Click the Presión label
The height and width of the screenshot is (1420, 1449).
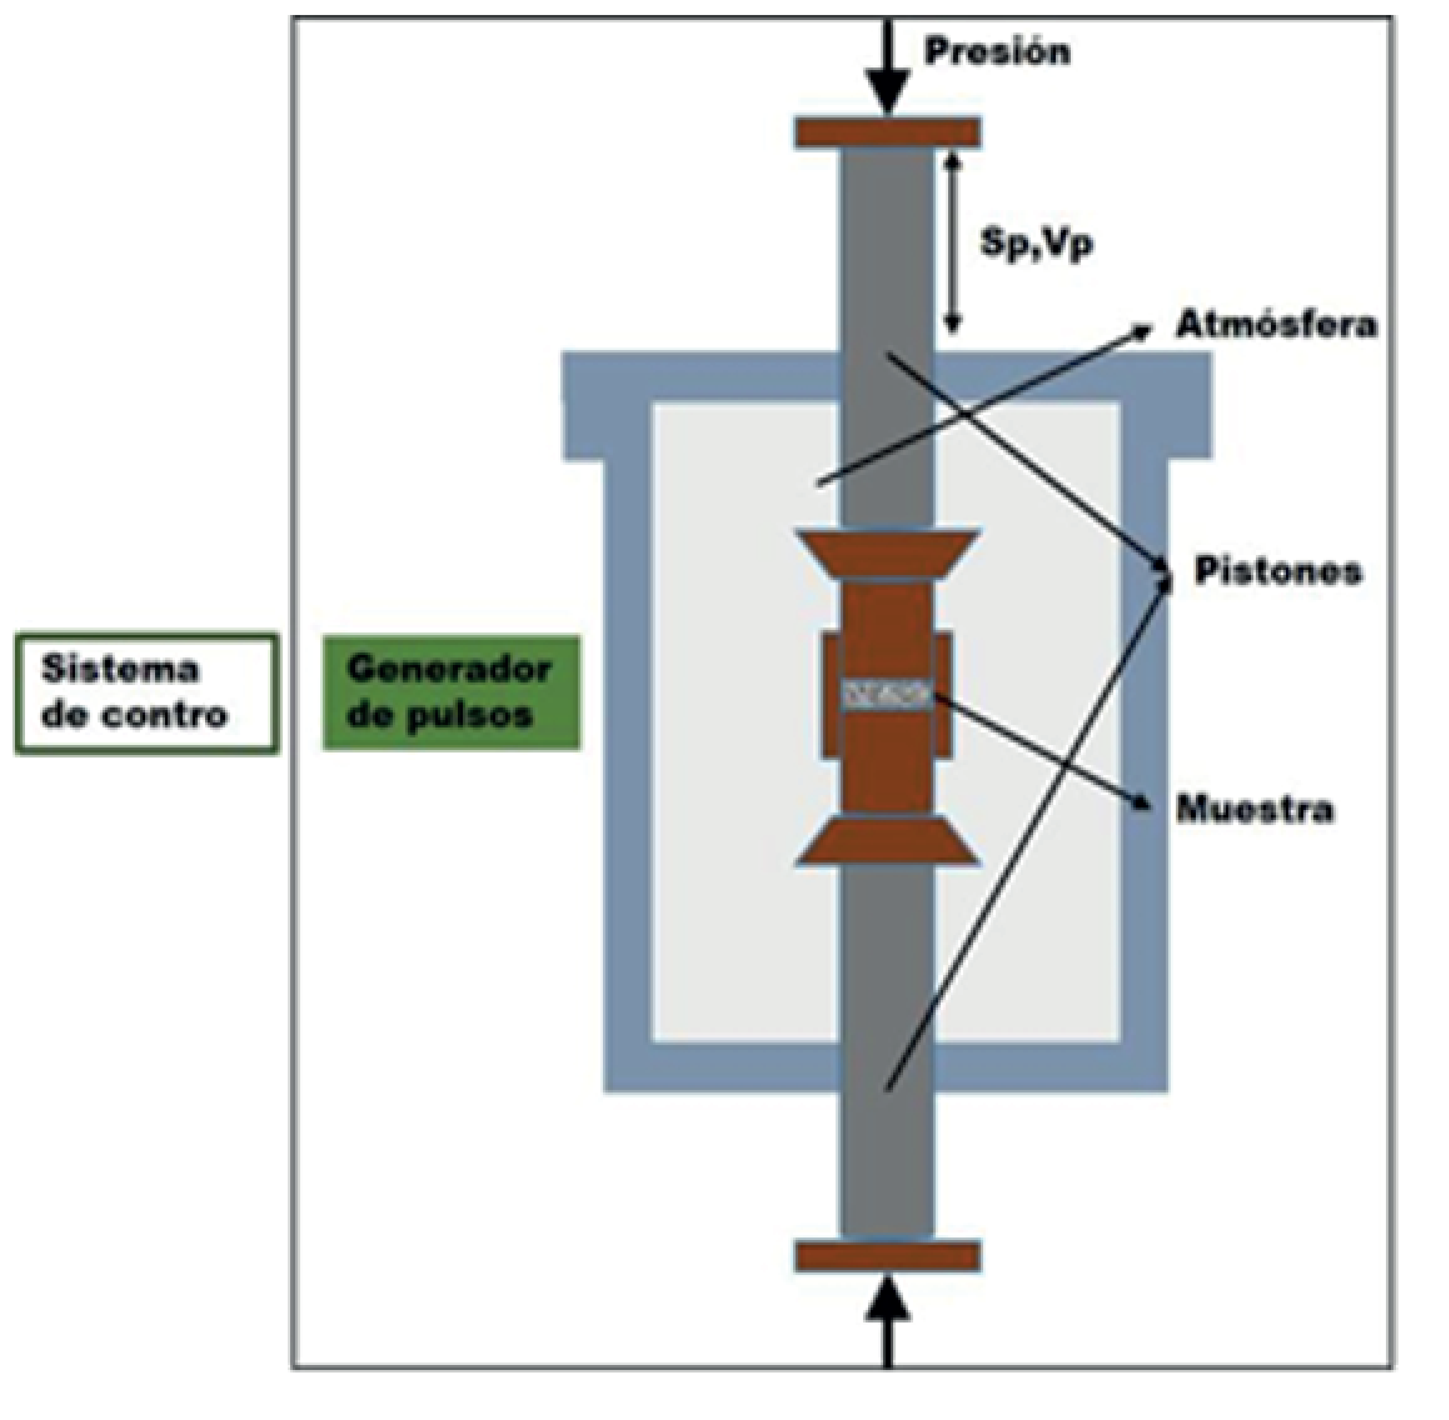997,52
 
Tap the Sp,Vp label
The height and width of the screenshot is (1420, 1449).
1036,242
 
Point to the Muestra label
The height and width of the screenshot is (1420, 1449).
1255,808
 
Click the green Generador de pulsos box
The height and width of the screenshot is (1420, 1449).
451,691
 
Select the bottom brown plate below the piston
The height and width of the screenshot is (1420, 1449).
887,1256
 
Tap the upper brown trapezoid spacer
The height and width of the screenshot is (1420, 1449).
887,553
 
